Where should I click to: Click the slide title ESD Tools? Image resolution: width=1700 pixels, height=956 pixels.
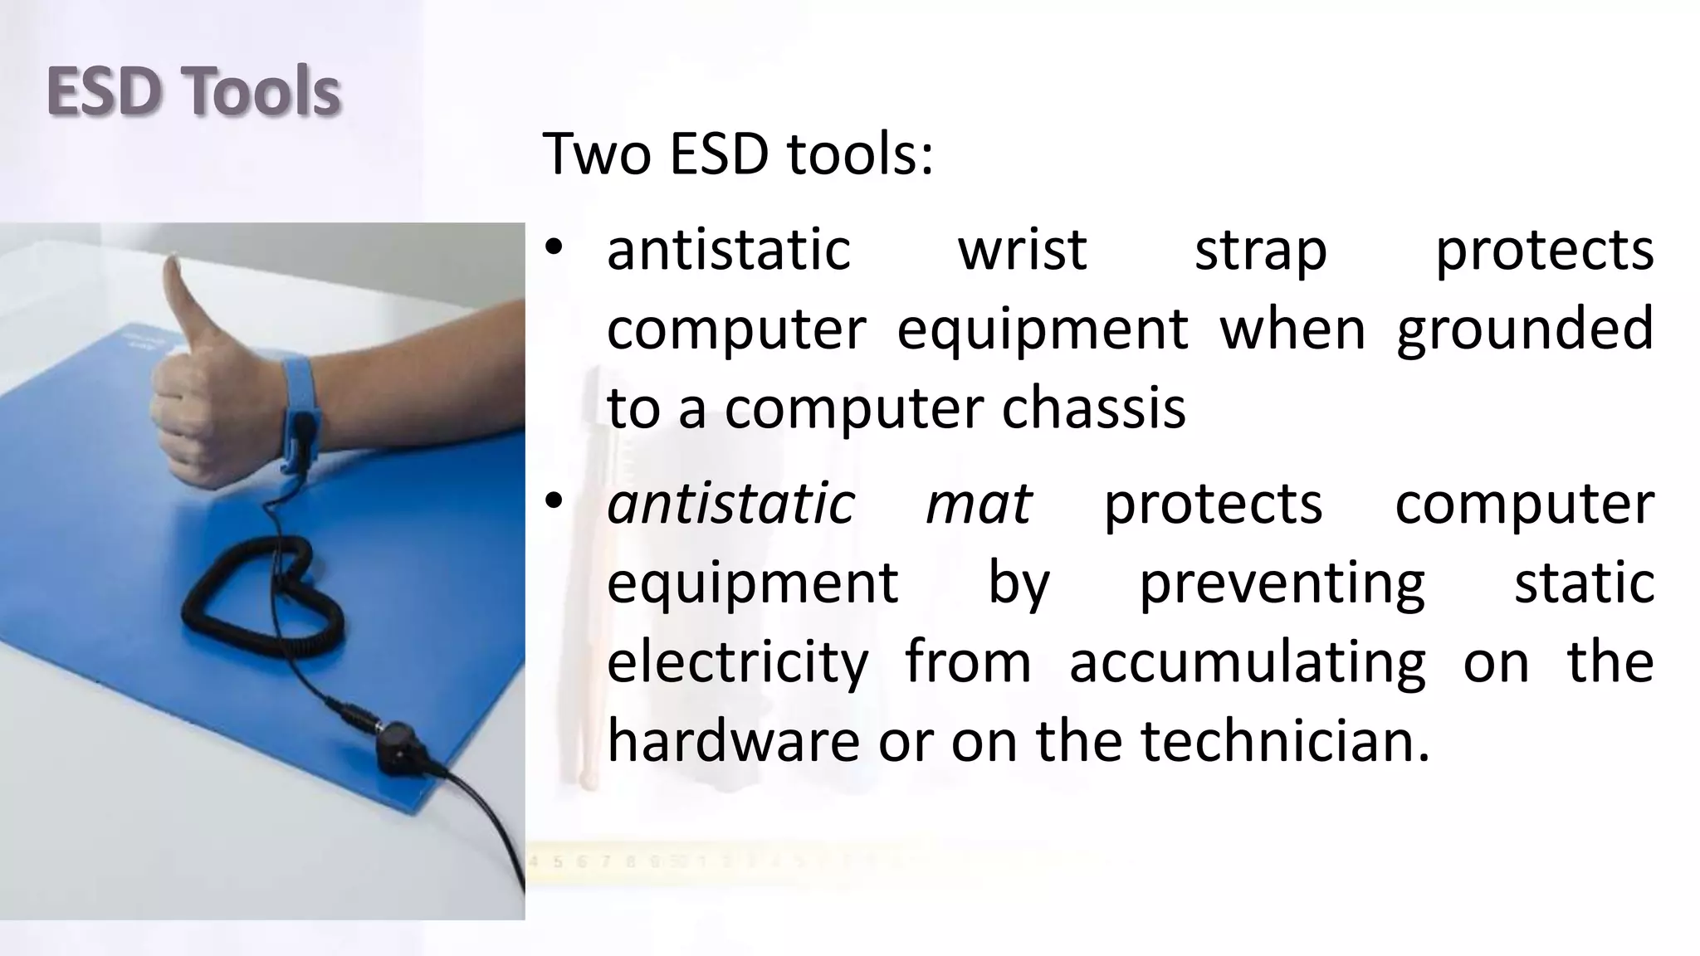[193, 91]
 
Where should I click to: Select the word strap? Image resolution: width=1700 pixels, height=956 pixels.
[1260, 251]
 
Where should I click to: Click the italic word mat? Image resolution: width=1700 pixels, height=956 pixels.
[978, 504]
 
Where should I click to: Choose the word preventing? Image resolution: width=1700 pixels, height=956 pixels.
[1282, 583]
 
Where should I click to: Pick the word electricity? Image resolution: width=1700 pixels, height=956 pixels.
[737, 663]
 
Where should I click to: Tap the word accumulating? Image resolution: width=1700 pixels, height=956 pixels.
[1247, 663]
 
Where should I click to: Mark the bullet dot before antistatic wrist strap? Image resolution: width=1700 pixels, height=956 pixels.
[554, 248]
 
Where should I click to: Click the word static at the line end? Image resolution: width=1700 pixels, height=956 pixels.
[1584, 583]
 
